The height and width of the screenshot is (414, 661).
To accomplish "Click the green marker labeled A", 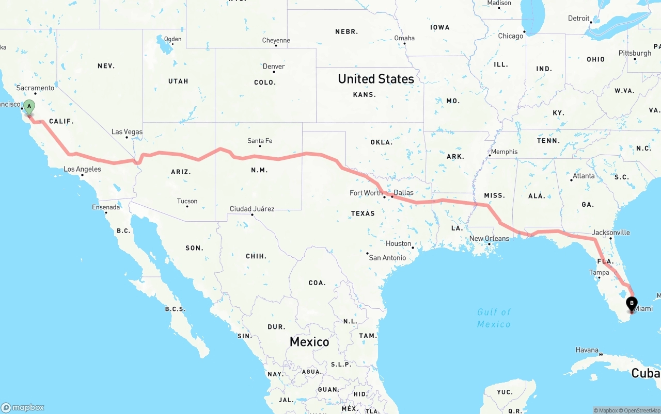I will coord(29,107).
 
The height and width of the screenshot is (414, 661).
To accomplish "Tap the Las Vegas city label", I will coord(127,132).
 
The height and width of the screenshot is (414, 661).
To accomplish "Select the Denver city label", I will coord(274,67).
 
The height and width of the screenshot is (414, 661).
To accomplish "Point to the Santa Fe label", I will coord(260,141).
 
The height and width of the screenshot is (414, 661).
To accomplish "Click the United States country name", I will coord(376,79).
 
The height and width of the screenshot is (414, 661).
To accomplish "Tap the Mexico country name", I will coord(309,342).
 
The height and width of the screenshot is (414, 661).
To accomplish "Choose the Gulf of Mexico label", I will coord(494,318).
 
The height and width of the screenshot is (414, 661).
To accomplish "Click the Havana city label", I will coord(587,350).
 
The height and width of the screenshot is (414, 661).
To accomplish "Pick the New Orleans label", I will coord(489,239).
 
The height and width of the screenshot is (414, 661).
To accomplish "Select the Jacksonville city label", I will coord(611,233).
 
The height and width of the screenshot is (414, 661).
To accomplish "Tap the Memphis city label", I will coord(504,152).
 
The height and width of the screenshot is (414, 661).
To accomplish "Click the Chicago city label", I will coord(511,36).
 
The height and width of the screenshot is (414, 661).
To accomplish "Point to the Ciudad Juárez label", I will coord(252,209).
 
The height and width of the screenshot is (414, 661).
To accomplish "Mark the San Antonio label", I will coord(387,258).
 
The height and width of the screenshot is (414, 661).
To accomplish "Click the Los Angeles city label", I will coord(82,169).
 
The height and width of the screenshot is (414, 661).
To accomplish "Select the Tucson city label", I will coord(187,201).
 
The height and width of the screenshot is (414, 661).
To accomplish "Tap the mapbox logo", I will coord(23,407).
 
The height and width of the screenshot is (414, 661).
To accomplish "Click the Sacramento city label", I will coord(36,88).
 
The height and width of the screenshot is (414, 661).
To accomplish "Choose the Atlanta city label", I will coord(584,176).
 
